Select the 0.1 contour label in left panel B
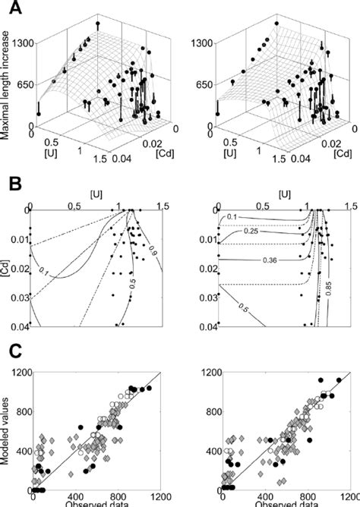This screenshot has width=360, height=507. (65, 270)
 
